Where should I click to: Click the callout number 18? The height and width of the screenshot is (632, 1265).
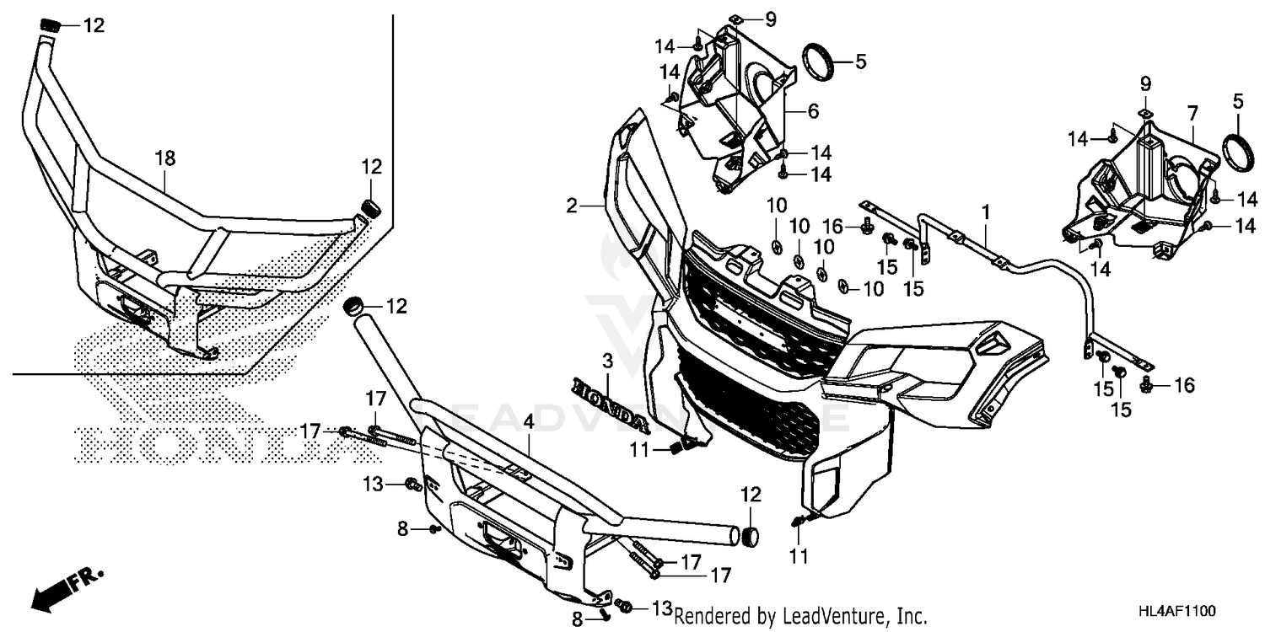(x=164, y=157)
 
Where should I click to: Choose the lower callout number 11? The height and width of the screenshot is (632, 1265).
(x=799, y=556)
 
